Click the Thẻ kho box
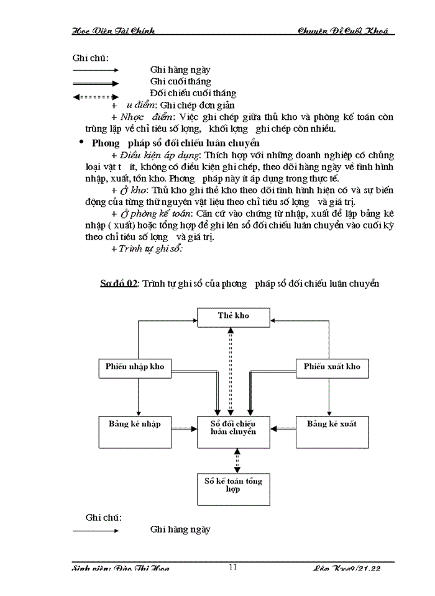coord(234,317)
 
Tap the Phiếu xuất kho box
coord(332,368)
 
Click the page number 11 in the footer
coord(233,566)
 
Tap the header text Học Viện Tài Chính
coord(114,30)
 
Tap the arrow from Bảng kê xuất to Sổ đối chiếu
coord(287,428)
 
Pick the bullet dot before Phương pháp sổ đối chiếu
coord(81,142)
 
